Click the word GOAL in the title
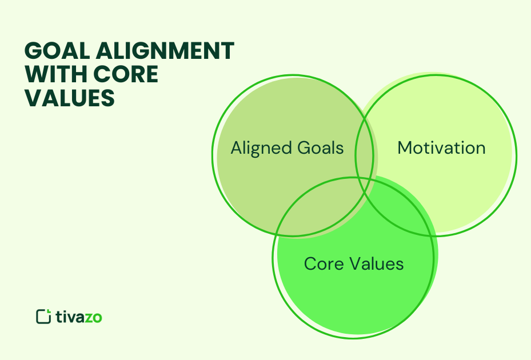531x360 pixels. (56, 51)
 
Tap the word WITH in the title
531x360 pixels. (53, 74)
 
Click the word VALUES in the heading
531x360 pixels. (69, 98)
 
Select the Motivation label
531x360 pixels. (441, 148)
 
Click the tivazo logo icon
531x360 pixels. (43, 317)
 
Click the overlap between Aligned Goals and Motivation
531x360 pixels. (365, 146)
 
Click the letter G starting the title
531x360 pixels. (34, 51)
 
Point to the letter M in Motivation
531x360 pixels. (405, 148)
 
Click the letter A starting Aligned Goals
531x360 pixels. (236, 148)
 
